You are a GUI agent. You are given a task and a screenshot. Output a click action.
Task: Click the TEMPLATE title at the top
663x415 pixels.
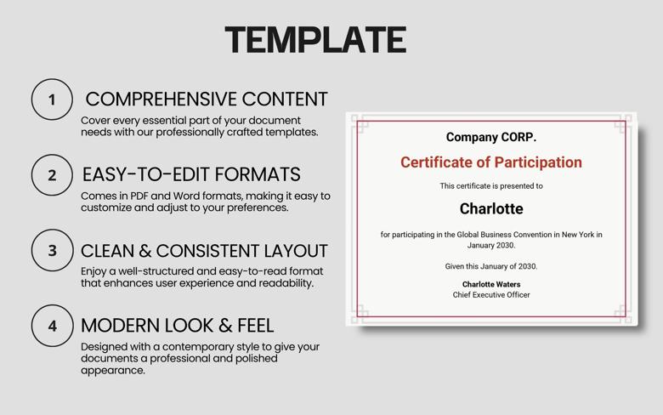tap(315, 40)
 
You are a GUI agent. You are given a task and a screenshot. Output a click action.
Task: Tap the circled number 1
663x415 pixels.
tap(52, 99)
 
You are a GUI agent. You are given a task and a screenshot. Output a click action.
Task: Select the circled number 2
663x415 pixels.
tap(52, 175)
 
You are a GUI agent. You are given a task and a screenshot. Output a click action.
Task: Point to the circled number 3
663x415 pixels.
tap(52, 251)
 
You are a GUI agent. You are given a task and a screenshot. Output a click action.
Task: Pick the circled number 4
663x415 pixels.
tap(52, 326)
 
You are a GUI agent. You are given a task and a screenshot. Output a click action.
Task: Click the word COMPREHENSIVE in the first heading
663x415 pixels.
tap(158, 99)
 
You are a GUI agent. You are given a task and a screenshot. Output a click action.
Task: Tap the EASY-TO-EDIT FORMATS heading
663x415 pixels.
tap(191, 174)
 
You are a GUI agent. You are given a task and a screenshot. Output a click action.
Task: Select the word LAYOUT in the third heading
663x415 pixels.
tap(287, 251)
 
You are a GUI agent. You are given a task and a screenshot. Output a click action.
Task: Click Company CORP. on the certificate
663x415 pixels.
tap(491, 137)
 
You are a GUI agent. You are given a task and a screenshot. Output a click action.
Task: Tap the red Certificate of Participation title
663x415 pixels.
tap(491, 162)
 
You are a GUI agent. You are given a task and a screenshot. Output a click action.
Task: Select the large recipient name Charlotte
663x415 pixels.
tap(491, 208)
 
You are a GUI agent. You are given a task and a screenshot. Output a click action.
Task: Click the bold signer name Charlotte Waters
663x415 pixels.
tap(491, 284)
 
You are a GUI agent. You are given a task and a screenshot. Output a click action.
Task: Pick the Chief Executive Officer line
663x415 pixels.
tap(491, 295)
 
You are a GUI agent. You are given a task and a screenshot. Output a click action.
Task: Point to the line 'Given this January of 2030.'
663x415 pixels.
tap(491, 266)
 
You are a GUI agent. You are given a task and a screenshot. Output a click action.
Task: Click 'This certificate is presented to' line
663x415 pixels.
tap(491, 185)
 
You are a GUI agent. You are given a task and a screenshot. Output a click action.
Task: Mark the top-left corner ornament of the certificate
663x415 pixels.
tap(360, 125)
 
